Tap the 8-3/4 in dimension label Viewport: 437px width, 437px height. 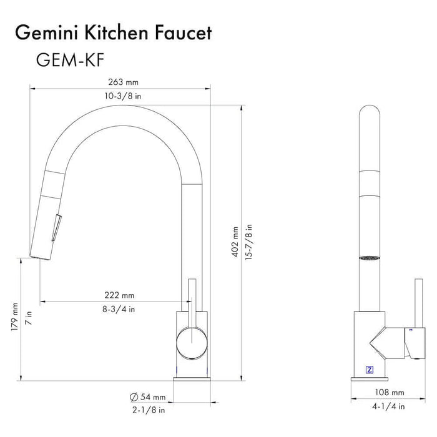pyautogui.click(x=120, y=308)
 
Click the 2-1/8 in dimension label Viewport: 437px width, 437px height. pyautogui.click(x=149, y=410)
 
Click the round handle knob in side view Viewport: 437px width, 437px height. pyautogui.click(x=190, y=343)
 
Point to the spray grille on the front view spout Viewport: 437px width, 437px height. pyautogui.click(x=369, y=255)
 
